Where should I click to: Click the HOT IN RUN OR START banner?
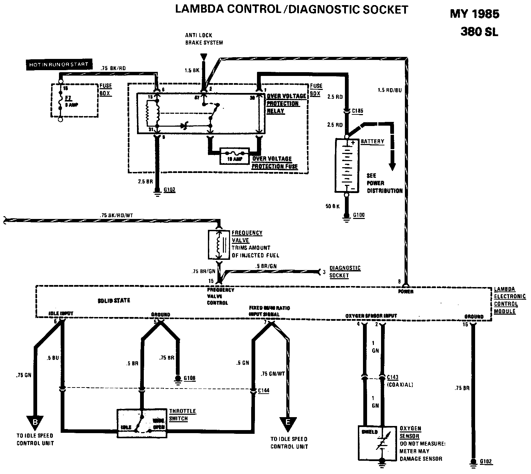click(x=59, y=64)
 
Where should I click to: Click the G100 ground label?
click(x=359, y=215)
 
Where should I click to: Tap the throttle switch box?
click(x=142, y=423)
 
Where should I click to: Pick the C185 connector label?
click(x=358, y=111)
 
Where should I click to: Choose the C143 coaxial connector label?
click(x=393, y=377)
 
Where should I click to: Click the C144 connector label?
click(x=264, y=391)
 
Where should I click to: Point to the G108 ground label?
click(x=189, y=378)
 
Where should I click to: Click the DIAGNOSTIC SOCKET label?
click(x=345, y=272)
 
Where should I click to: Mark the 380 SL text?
click(x=479, y=32)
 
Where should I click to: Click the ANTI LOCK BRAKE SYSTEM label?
click(x=204, y=39)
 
